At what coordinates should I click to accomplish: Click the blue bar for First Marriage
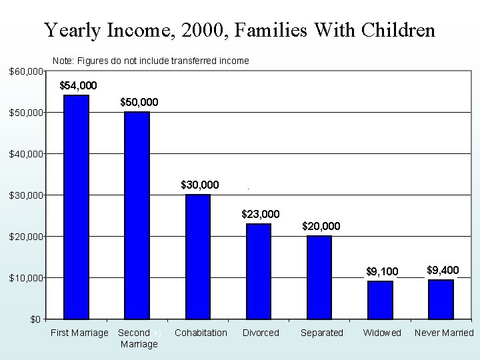coord(76,207)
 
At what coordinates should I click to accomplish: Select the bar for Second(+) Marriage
coord(137,215)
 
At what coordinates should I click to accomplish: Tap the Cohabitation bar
coord(197,256)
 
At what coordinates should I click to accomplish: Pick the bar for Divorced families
coord(259,271)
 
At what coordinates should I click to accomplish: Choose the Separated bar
coord(319,277)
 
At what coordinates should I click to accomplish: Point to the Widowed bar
coord(380,299)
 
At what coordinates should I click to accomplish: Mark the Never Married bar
coord(441,299)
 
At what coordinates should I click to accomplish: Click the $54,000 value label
coord(78,85)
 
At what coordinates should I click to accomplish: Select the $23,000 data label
coord(260,214)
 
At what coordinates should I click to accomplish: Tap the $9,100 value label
coord(382,271)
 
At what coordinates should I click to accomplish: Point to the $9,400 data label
coord(443,270)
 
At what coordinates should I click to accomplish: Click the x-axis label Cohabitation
coord(201,333)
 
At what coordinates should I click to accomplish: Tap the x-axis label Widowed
coord(382,333)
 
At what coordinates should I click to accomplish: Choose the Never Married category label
coord(444,333)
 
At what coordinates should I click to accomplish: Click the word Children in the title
coord(398,30)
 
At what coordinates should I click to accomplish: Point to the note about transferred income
coord(151,61)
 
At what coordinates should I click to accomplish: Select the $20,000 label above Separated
coord(321,227)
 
